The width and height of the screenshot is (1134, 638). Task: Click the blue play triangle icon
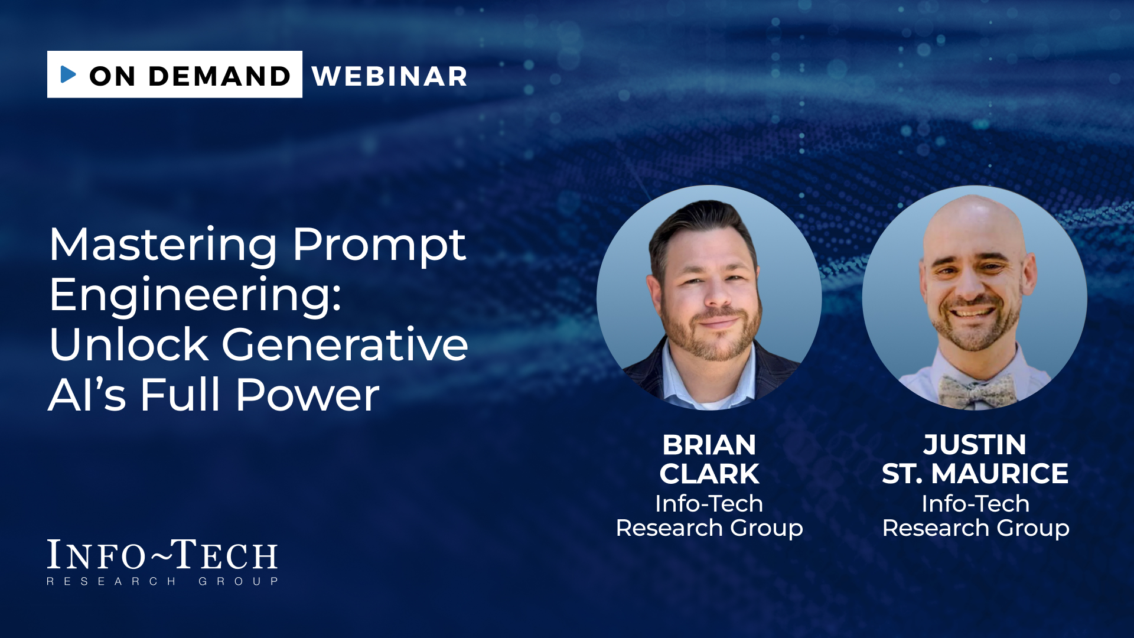pos(69,74)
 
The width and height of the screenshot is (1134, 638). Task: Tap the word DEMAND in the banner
pos(220,76)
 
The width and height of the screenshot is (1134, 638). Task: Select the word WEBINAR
pos(390,76)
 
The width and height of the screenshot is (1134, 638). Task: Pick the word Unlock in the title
pos(129,344)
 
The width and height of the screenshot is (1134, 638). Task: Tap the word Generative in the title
pos(345,344)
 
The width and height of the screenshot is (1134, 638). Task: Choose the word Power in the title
pos(308,395)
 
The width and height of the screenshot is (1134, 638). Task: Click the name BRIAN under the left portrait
pos(709,445)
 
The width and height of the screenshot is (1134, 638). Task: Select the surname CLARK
pos(709,474)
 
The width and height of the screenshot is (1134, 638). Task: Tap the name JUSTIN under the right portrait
pos(975,445)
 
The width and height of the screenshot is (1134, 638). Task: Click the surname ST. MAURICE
pos(975,474)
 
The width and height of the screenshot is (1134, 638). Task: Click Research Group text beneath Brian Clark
pos(709,528)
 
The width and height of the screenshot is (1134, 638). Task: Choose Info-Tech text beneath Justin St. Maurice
pos(976,503)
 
